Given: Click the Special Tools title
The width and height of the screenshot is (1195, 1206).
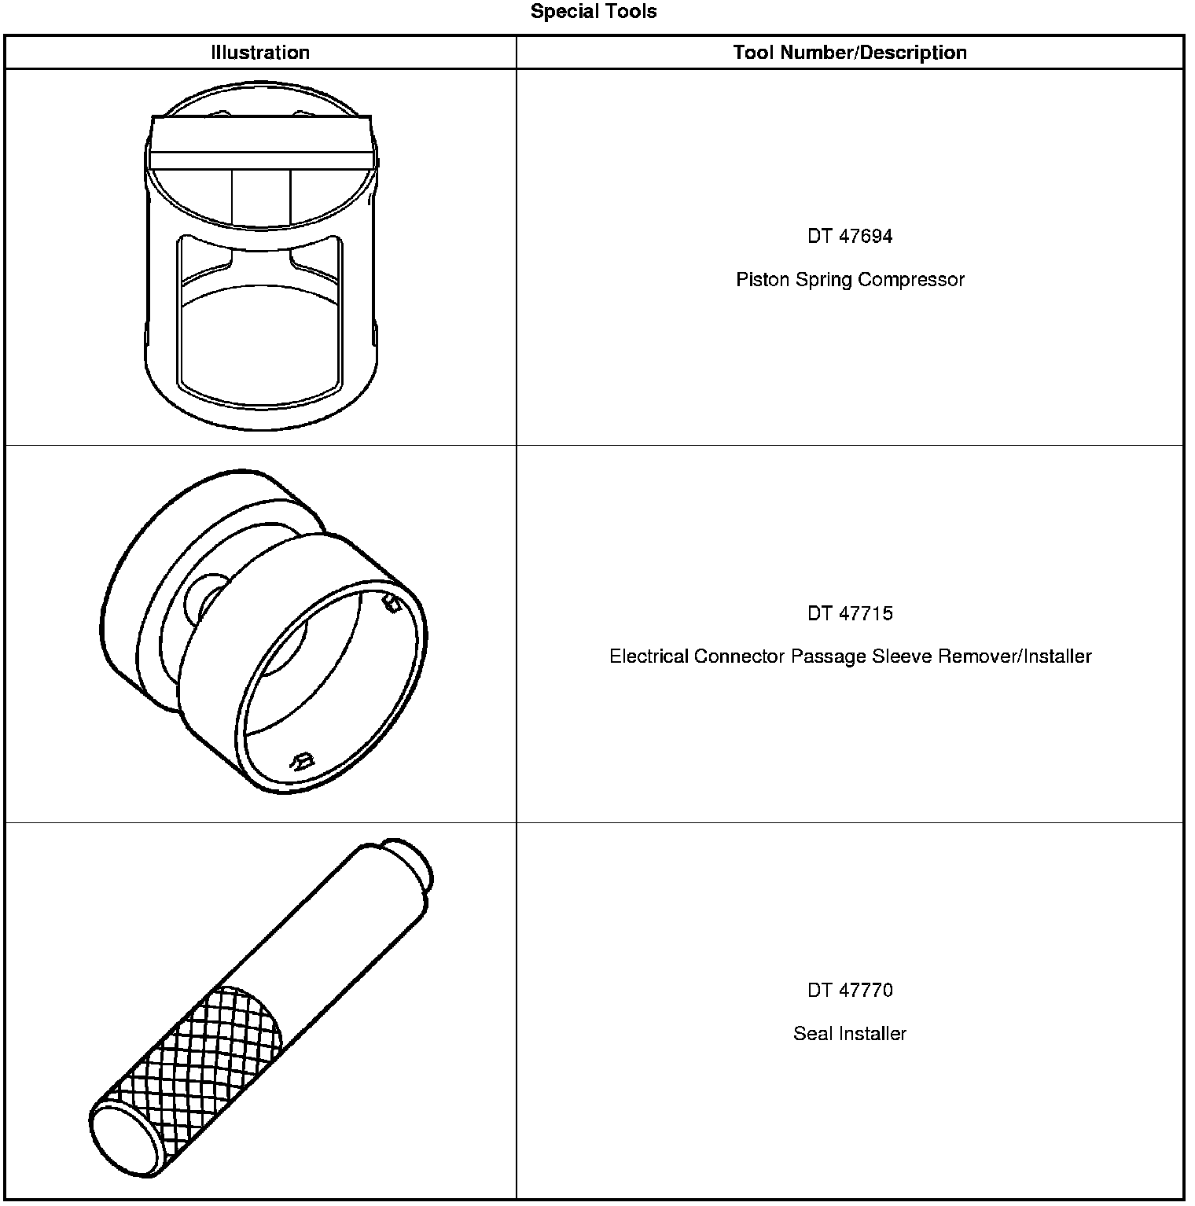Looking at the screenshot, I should point(594,12).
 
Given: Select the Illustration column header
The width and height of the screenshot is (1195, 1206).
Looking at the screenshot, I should point(260,53).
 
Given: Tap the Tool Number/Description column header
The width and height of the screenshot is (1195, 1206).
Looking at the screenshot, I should point(850,53).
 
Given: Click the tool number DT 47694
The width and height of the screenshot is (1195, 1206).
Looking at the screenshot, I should point(850,237).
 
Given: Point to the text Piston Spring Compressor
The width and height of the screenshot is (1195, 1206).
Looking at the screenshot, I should point(850,280).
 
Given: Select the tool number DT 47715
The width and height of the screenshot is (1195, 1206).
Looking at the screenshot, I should point(850,613).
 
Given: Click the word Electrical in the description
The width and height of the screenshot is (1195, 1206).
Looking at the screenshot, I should point(649,656).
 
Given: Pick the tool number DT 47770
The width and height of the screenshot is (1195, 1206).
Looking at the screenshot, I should point(850,991).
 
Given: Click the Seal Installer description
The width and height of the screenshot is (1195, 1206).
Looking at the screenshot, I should point(850,1034).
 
